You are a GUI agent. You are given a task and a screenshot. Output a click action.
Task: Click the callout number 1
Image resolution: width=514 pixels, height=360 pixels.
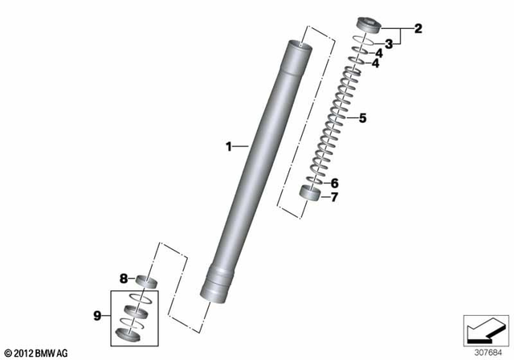pyautogui.click(x=229, y=146)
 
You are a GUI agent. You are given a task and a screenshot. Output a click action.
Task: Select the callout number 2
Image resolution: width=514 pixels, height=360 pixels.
pyautogui.click(x=418, y=28)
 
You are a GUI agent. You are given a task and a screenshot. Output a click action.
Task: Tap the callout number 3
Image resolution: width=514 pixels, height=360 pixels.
pyautogui.click(x=389, y=44)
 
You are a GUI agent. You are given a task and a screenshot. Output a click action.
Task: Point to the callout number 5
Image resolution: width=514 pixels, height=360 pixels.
pyautogui.click(x=362, y=118)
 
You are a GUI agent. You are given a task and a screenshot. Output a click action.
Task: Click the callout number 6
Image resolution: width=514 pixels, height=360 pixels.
pyautogui.click(x=334, y=183)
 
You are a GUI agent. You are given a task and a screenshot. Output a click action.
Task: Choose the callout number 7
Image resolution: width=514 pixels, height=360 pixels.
pyautogui.click(x=334, y=197)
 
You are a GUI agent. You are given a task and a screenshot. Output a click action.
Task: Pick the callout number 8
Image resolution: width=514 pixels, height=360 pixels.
pyautogui.click(x=123, y=279)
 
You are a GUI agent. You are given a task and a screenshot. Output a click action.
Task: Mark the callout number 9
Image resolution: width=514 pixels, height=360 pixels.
pyautogui.click(x=97, y=316)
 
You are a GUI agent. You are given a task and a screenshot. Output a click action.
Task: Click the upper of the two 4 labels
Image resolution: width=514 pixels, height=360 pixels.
pyautogui.click(x=378, y=53)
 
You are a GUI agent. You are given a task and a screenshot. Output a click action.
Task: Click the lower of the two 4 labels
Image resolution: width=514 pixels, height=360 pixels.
pyautogui.click(x=375, y=63)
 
